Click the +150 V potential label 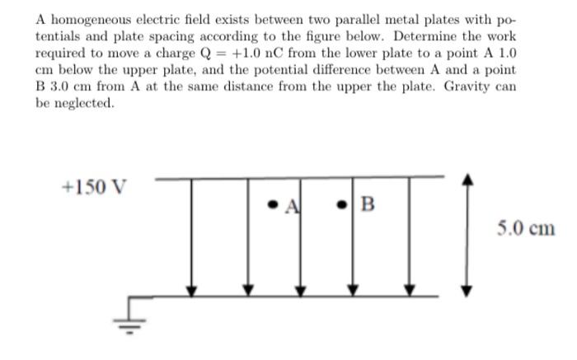[94, 187]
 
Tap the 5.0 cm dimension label [526, 228]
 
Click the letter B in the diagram [368, 203]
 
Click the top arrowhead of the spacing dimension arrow [467, 179]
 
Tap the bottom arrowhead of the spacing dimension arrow [467, 289]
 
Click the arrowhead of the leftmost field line [191, 289]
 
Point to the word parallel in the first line [347, 20]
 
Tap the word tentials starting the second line [58, 37]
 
